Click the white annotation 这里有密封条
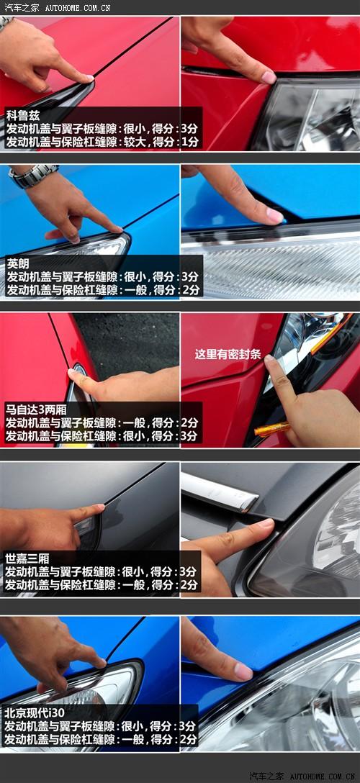click(x=228, y=354)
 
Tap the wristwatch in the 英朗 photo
click(x=33, y=176)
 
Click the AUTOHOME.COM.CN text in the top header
click(x=77, y=7)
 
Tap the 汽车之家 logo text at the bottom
click(x=266, y=776)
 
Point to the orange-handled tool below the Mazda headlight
click(x=271, y=428)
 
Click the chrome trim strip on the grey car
click(x=219, y=492)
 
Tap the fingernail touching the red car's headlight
click(x=269, y=77)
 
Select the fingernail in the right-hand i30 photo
click(x=243, y=671)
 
